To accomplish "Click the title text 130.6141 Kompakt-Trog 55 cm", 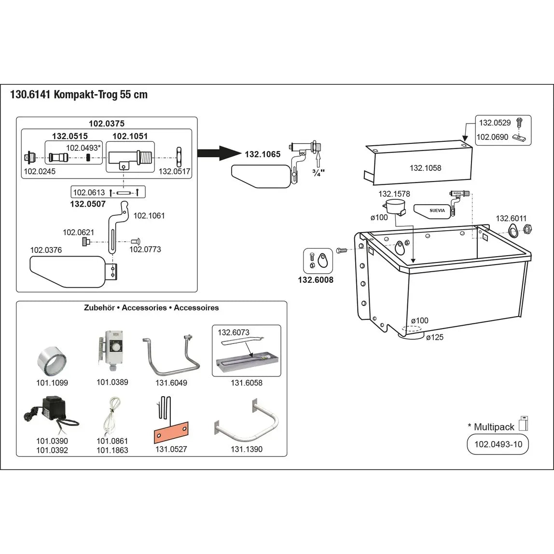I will (x=79, y=95).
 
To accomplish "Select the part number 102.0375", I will (x=106, y=124).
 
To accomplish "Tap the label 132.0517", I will (x=175, y=171).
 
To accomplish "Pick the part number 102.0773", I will (x=145, y=249).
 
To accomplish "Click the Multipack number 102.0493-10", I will (x=498, y=444).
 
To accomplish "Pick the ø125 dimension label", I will (x=434, y=338).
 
